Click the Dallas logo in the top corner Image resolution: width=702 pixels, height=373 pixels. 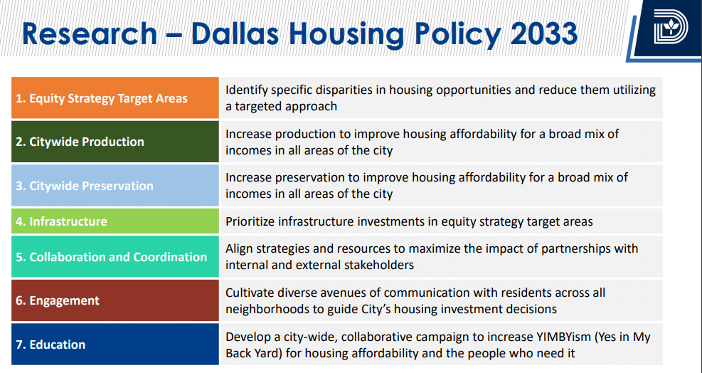pyautogui.click(x=670, y=27)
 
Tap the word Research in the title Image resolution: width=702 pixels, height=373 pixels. pyautogui.click(x=90, y=33)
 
